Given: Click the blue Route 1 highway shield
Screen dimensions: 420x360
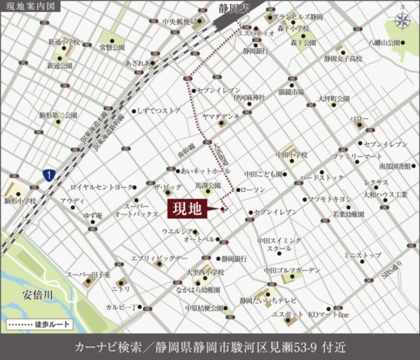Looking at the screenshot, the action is coord(49,175).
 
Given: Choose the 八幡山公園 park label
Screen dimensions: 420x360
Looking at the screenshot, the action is coord(384,42).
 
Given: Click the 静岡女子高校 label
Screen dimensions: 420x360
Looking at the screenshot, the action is coord(343,59).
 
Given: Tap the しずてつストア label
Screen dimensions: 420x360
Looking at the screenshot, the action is coord(159,111).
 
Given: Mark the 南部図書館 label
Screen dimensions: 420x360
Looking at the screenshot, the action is coord(394,166).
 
